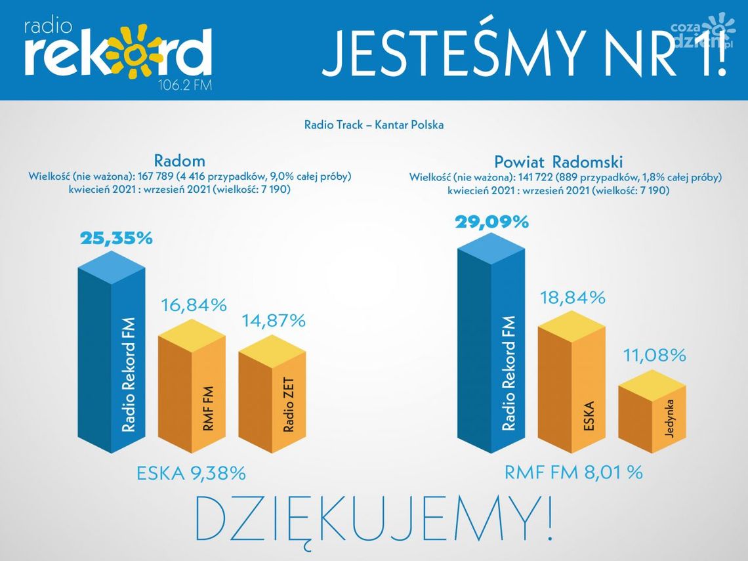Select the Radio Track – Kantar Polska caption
(373, 125)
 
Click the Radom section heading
(179, 161)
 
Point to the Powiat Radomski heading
(558, 161)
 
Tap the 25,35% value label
(116, 238)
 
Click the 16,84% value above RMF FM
(194, 305)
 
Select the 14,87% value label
(273, 321)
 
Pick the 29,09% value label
(491, 222)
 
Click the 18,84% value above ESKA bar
(571, 297)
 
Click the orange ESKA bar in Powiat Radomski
(571, 387)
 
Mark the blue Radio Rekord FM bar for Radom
(112, 361)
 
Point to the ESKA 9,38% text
(191, 473)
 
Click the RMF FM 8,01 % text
(573, 472)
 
